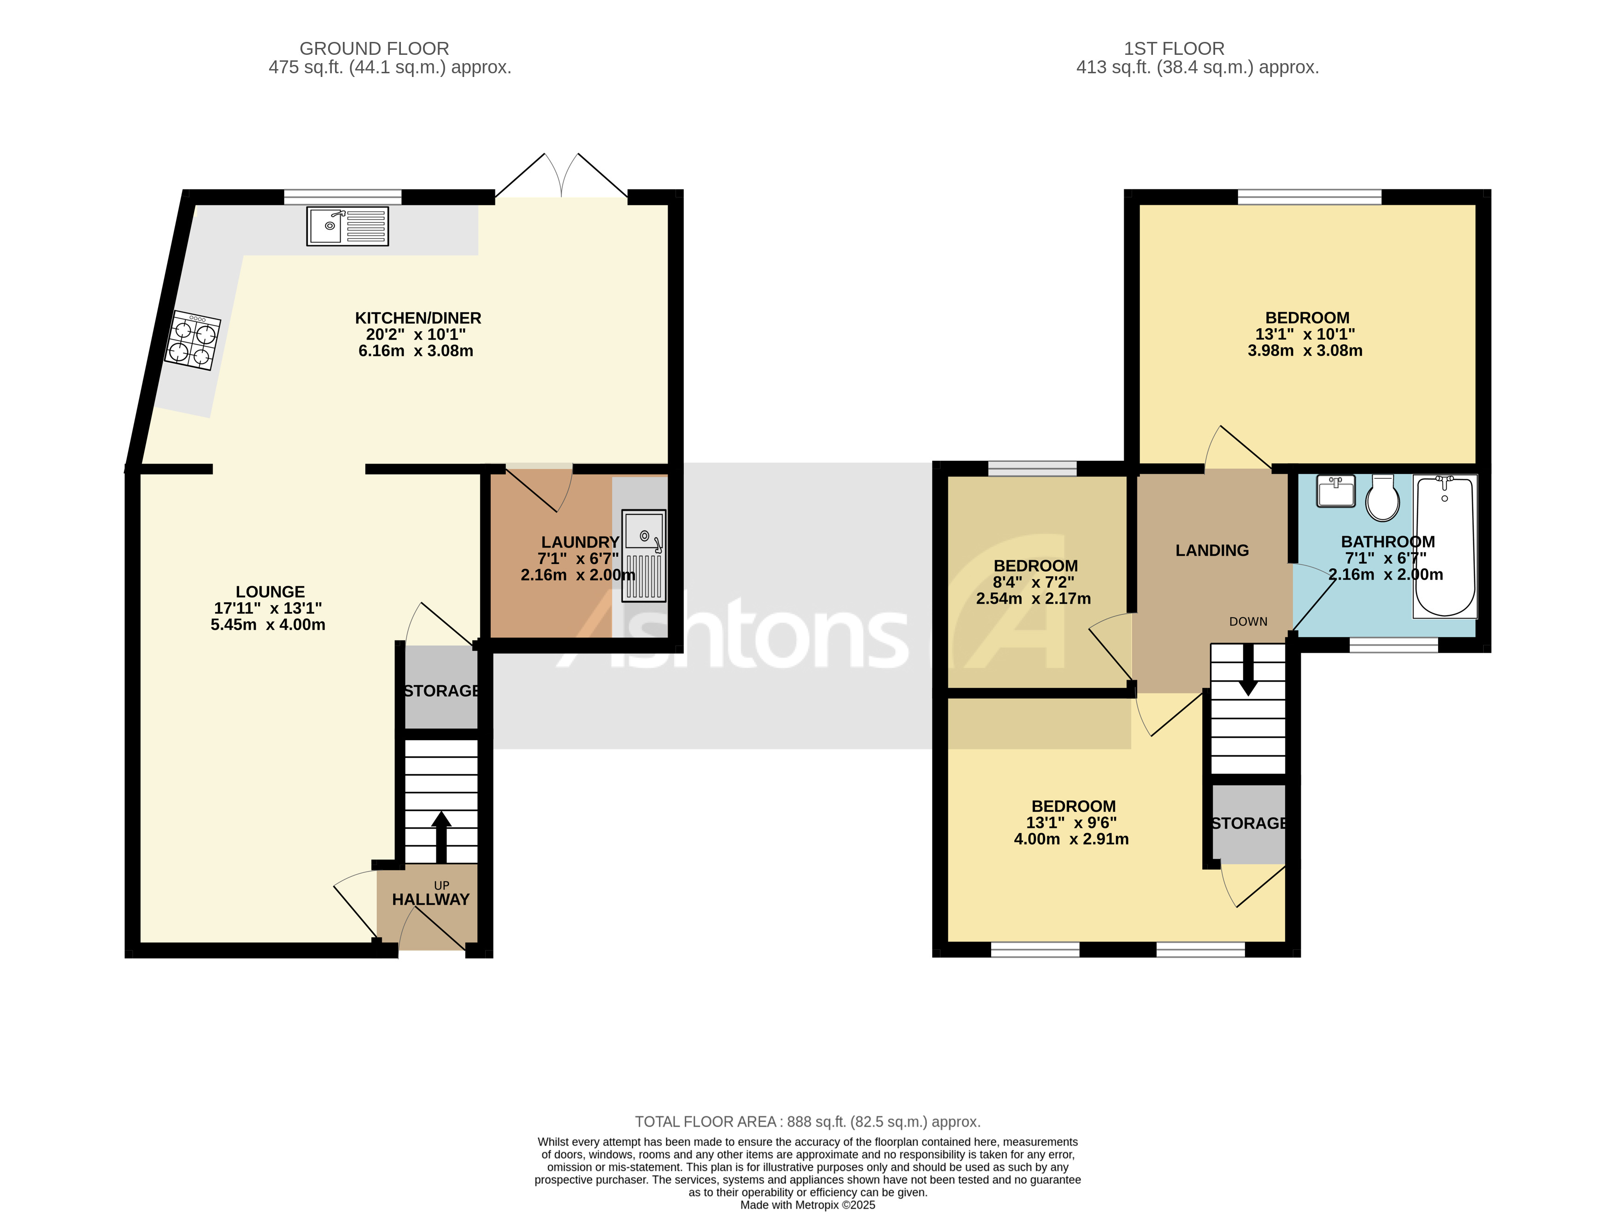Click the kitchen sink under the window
point(347,226)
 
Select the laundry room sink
point(644,555)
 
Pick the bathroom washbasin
point(1335,491)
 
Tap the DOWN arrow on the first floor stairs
point(1248,669)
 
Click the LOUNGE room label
point(270,592)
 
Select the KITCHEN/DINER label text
point(418,318)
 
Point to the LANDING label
point(1211,550)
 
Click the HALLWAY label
point(430,899)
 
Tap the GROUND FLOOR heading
point(374,48)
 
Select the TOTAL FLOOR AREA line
point(807,1121)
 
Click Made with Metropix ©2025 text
point(807,1205)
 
